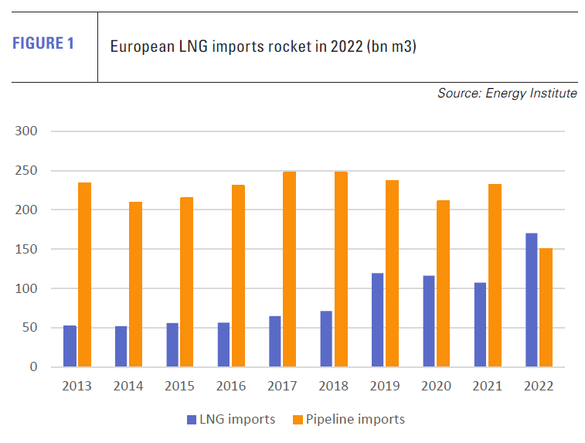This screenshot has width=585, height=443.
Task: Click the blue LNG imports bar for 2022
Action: point(532,300)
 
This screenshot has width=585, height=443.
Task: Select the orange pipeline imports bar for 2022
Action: point(546,308)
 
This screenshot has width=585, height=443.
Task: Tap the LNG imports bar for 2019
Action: point(377,320)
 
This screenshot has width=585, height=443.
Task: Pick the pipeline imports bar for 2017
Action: point(289,269)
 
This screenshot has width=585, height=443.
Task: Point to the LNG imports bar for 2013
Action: point(70,346)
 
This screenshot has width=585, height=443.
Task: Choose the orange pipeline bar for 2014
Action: point(135,285)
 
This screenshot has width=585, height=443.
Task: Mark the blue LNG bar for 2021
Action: point(480,325)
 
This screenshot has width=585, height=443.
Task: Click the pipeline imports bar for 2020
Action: point(443,284)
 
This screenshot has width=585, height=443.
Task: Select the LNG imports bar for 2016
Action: point(223,345)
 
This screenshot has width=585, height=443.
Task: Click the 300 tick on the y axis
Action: point(26,131)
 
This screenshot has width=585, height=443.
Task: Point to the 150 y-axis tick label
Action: point(26,249)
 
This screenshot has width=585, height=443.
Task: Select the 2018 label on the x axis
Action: point(333,386)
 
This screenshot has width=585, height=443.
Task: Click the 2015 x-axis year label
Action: point(179,386)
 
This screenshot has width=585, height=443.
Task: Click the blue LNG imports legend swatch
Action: point(191,420)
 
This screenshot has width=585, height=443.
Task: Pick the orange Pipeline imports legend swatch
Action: point(298,420)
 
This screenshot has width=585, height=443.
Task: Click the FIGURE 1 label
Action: point(43,43)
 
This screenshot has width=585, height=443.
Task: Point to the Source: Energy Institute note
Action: point(506,94)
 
